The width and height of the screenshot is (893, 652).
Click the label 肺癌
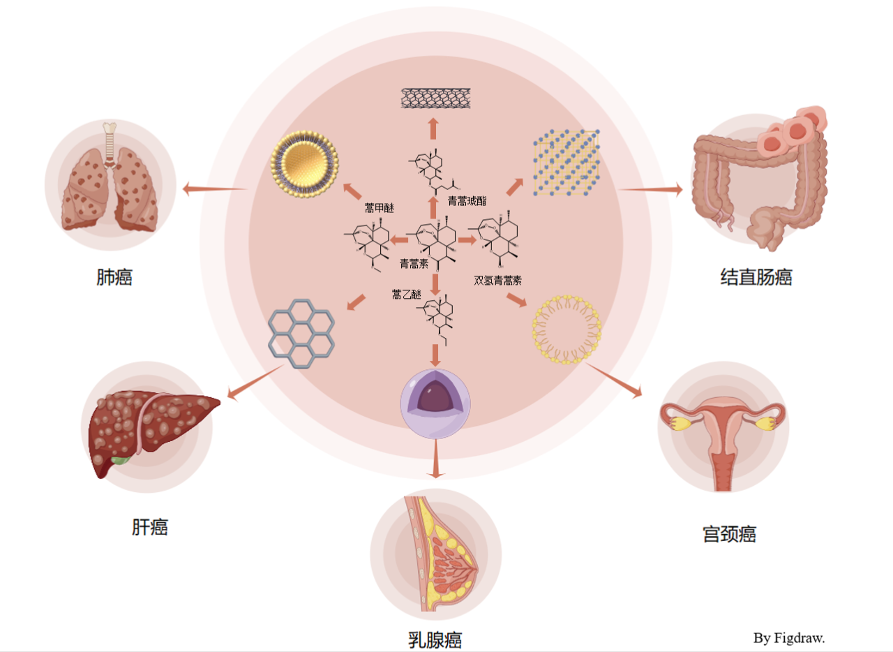[x=114, y=278]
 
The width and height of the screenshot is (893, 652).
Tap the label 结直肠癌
[x=756, y=277]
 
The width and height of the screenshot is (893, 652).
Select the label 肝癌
[x=150, y=526]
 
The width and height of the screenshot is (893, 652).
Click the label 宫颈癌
[x=729, y=535]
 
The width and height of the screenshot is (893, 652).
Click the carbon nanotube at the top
[x=433, y=97]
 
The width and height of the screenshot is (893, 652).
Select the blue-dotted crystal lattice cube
[x=566, y=163]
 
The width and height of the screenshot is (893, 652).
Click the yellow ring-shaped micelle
[x=566, y=329]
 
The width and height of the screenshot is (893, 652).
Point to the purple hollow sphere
[x=435, y=404]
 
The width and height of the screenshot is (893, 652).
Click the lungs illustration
[x=110, y=179]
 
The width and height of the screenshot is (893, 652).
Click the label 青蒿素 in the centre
[x=414, y=263]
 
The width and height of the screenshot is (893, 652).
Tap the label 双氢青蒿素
[x=498, y=281]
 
